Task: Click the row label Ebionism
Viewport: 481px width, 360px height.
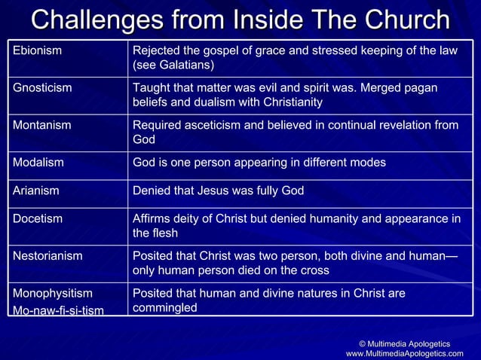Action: pyautogui.click(x=37, y=51)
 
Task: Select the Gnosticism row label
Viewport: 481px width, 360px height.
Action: pyautogui.click(x=43, y=88)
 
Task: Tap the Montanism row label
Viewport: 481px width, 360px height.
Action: pyautogui.click(x=42, y=125)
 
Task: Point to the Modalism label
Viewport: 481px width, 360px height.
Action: pyautogui.click(x=38, y=162)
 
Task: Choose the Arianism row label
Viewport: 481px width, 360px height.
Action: pyautogui.click(x=36, y=191)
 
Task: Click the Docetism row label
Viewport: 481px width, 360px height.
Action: pyautogui.click(x=38, y=219)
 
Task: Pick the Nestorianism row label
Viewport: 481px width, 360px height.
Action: pyautogui.click(x=47, y=256)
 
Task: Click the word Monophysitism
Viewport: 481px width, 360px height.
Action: pyautogui.click(x=53, y=293)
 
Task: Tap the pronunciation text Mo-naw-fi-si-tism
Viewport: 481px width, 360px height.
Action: pyautogui.click(x=59, y=310)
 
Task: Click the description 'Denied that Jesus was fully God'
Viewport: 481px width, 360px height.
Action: pyautogui.click(x=219, y=191)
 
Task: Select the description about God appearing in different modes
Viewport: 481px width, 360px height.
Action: pyautogui.click(x=259, y=162)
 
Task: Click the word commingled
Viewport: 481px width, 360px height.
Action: pyautogui.click(x=165, y=307)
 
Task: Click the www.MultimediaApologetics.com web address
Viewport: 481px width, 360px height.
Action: pyautogui.click(x=405, y=353)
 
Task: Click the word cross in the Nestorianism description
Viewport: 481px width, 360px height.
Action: pyautogui.click(x=315, y=270)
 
